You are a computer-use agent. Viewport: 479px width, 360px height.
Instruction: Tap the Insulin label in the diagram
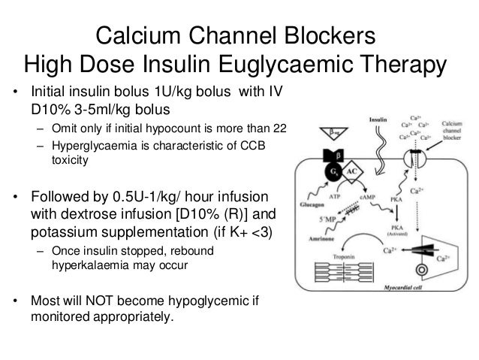[x=381, y=119]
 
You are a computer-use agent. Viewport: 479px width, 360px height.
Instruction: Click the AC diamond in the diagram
[x=351, y=171]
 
